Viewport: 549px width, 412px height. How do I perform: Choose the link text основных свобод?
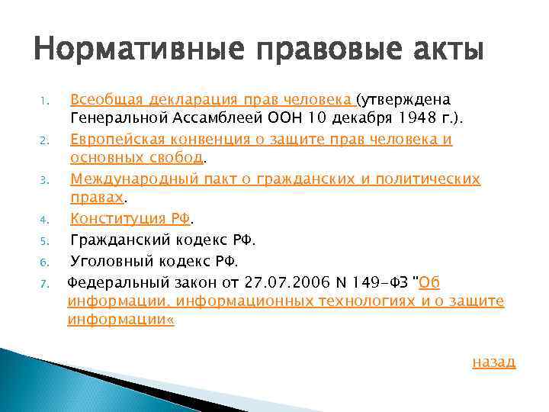click(136, 158)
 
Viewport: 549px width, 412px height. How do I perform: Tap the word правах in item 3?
click(96, 198)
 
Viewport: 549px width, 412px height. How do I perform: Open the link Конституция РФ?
click(130, 219)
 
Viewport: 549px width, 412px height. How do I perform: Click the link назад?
click(494, 362)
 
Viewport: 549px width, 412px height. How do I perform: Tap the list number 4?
click(43, 221)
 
